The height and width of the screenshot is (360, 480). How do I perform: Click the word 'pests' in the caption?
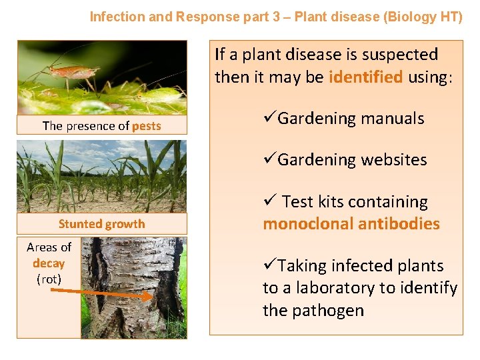coord(147,126)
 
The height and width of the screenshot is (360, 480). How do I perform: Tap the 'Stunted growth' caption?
coord(101,224)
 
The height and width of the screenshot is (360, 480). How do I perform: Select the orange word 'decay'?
coord(49,263)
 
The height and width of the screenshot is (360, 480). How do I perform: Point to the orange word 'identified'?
coord(365,77)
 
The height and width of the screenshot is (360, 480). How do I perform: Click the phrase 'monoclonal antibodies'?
coord(351,224)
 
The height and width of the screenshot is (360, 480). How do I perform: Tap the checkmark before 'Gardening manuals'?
coord(269,119)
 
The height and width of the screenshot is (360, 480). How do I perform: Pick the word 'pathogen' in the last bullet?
coord(331,311)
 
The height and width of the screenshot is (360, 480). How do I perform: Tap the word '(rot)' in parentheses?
coord(49,279)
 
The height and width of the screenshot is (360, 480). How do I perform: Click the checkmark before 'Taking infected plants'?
coord(269,266)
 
